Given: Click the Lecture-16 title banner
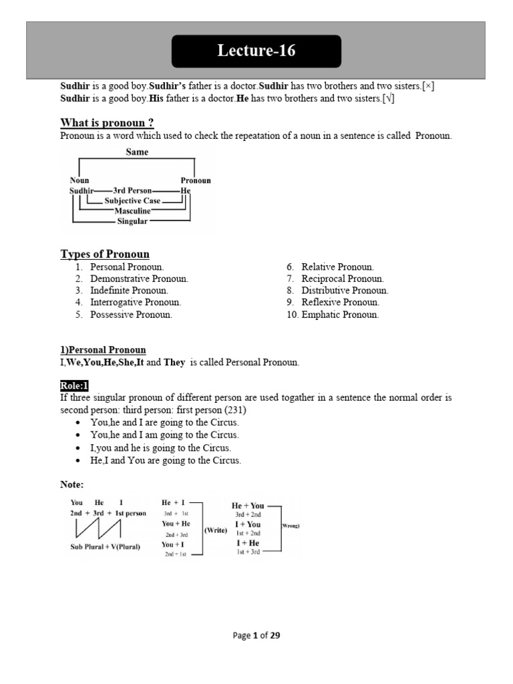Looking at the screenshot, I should tap(256, 51).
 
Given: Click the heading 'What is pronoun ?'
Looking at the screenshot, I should tap(107, 122).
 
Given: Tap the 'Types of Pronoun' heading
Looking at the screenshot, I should tap(105, 254).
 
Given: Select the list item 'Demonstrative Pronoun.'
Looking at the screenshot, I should tap(139, 279).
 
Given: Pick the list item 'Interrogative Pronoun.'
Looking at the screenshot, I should tap(136, 303).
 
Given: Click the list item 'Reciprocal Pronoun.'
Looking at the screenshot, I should tap(342, 279).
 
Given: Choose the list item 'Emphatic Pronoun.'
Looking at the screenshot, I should tap(339, 315).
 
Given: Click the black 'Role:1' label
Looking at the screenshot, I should tap(74, 385).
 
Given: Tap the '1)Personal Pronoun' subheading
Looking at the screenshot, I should tap(103, 350).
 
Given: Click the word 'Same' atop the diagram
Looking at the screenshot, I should tap(137, 152).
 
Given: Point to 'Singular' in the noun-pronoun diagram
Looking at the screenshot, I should tap(132, 221).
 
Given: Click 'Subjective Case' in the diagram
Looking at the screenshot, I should tap(132, 200).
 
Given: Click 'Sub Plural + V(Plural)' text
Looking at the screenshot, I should tap(106, 546).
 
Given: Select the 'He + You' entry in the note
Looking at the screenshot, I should tap(248, 506).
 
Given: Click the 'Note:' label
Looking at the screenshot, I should tap(72, 484).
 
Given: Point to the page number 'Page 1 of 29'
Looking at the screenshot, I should tap(256, 635).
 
